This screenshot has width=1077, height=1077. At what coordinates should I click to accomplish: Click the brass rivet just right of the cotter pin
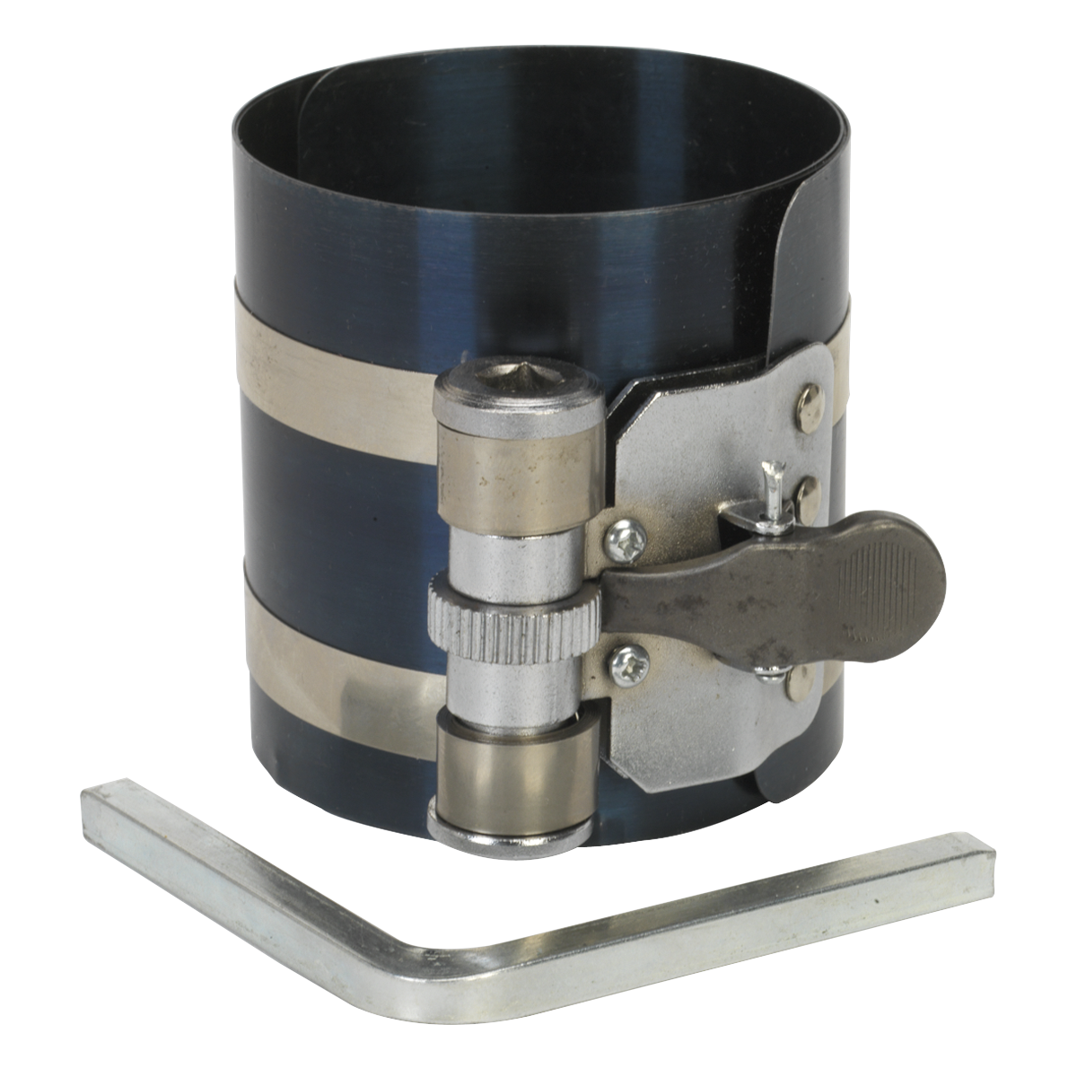click(x=812, y=489)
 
